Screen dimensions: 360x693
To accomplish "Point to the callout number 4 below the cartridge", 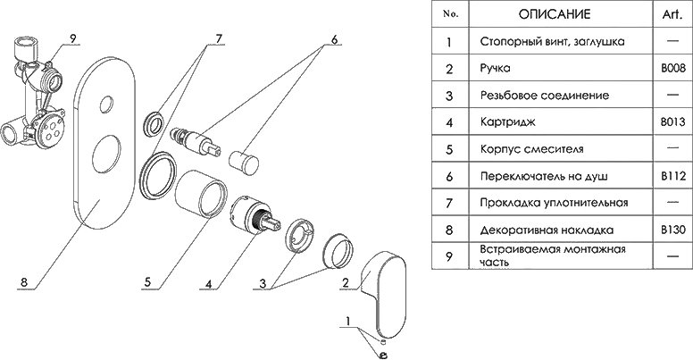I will coord(207,286).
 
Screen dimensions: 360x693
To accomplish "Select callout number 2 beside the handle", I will coord(342,282).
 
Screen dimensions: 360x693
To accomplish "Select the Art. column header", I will coord(672,15).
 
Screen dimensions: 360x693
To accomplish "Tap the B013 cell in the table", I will coord(672,120).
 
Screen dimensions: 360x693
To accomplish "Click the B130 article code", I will coord(672,229).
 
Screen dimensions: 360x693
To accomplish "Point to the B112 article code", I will coord(672,175).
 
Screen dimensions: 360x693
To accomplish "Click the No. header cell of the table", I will coord(450,15).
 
